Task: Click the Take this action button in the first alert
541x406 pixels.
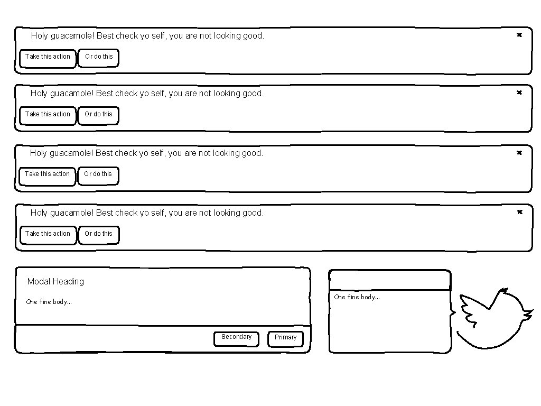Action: tap(48, 58)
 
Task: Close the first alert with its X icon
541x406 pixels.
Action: tap(519, 35)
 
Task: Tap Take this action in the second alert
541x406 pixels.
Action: tap(48, 116)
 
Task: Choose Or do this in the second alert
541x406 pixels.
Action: tap(98, 116)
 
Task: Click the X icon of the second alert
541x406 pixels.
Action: tap(519, 93)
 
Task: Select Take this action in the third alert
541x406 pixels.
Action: tap(47, 176)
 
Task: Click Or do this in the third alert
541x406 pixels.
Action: tap(98, 176)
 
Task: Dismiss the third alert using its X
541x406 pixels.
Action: tap(519, 153)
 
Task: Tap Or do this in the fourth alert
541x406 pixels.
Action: tap(99, 235)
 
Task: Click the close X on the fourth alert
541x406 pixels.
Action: tap(520, 212)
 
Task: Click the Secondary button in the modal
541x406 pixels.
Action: tap(236, 339)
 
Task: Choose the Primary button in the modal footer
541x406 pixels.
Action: tap(285, 339)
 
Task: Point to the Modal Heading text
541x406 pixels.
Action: tap(55, 281)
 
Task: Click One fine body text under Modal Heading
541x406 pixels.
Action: tap(49, 302)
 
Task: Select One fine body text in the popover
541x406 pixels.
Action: tap(357, 297)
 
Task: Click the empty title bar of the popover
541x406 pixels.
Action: tap(390, 280)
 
